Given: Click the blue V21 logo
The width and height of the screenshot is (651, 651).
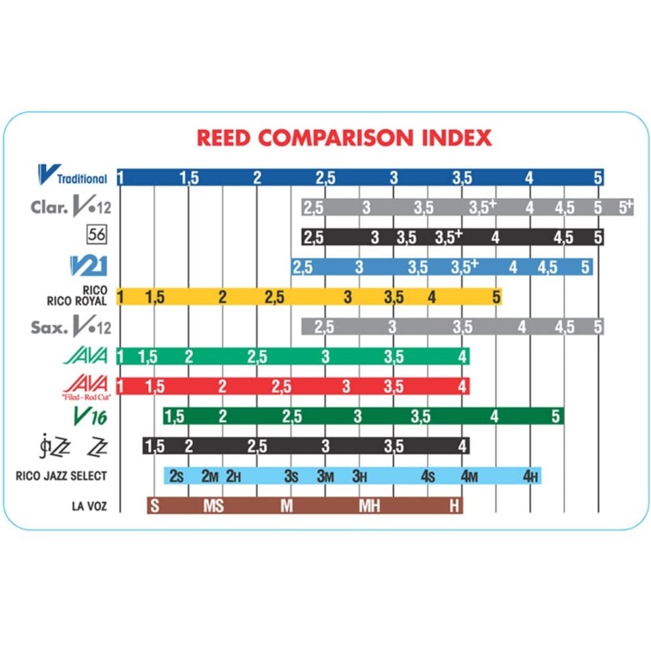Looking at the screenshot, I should click(88, 265).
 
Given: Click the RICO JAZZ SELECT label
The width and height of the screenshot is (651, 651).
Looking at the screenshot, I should click(61, 476).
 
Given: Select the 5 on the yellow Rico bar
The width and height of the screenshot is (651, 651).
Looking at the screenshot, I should click(496, 296).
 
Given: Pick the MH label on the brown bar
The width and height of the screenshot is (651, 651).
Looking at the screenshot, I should click(369, 506).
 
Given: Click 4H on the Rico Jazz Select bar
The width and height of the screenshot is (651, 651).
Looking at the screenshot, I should click(531, 476).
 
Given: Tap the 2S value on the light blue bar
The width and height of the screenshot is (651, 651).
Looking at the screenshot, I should click(176, 476).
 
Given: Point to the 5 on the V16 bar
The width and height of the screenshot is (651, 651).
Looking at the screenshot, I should click(556, 416).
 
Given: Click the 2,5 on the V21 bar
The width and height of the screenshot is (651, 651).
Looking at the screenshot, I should click(302, 267).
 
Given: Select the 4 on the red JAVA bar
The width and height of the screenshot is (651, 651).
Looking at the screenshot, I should click(462, 386).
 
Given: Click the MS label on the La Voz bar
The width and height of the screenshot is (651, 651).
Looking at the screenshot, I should click(214, 506).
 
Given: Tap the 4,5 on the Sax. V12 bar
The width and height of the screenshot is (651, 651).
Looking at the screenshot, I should click(564, 327).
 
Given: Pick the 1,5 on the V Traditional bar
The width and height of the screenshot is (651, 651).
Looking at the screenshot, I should click(189, 178).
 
